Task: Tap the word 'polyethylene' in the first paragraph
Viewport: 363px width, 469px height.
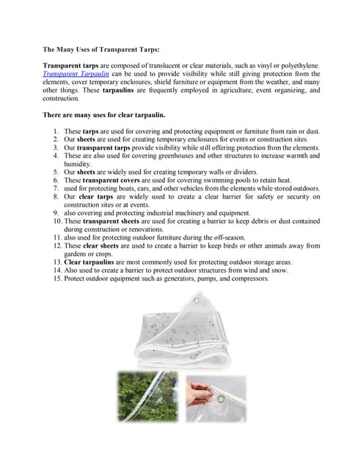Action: point(293,65)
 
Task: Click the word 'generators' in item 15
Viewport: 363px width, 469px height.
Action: point(186,278)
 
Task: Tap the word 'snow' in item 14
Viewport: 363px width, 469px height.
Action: point(279,270)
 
